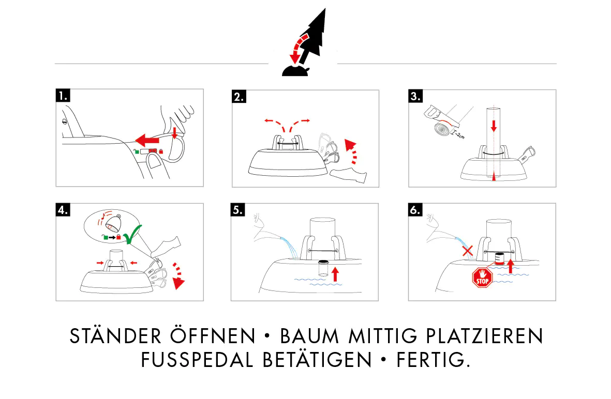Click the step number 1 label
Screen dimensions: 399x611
click(x=63, y=96)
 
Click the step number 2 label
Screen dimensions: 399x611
click(x=239, y=97)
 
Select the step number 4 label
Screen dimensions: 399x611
click(x=63, y=210)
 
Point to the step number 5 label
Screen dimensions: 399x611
click(x=238, y=210)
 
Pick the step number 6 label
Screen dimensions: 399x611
click(x=415, y=210)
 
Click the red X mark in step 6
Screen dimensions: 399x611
click(x=468, y=251)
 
